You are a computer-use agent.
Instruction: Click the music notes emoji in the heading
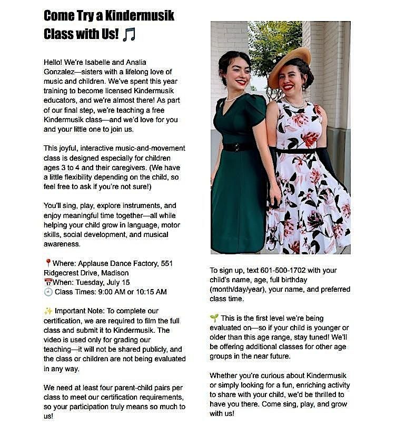tap(128, 34)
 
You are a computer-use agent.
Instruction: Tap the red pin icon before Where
tap(48, 263)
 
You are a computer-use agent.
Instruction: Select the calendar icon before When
tap(48, 282)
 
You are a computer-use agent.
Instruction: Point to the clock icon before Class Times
tap(48, 292)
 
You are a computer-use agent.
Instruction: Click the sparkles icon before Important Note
tap(48, 311)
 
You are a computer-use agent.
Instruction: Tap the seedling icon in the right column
tap(214, 319)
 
